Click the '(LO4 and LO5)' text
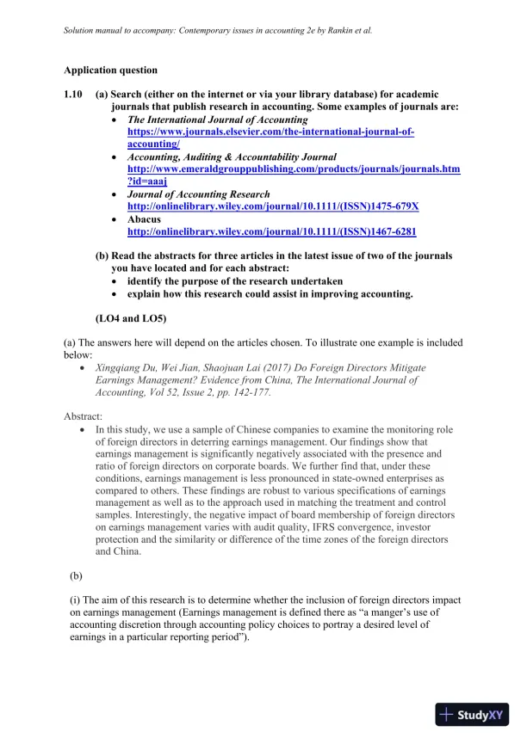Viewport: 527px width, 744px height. tap(130, 319)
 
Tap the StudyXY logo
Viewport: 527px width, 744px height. tap(471, 715)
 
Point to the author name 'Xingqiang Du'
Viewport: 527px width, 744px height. tap(130, 367)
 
